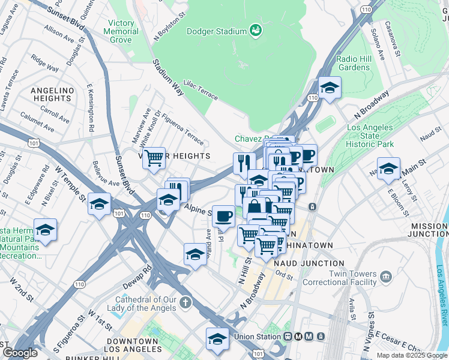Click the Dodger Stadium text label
[x=217, y=31]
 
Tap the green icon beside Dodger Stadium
[x=256, y=31]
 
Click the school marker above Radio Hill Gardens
[x=330, y=88]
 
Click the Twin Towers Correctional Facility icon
[x=385, y=277]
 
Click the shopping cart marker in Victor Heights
[x=154, y=158]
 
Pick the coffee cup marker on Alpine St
[x=224, y=215]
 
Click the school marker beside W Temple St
[x=99, y=204]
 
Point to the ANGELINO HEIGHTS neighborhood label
[x=52, y=94]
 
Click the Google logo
[x=20, y=353]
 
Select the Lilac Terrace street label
[x=200, y=88]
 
